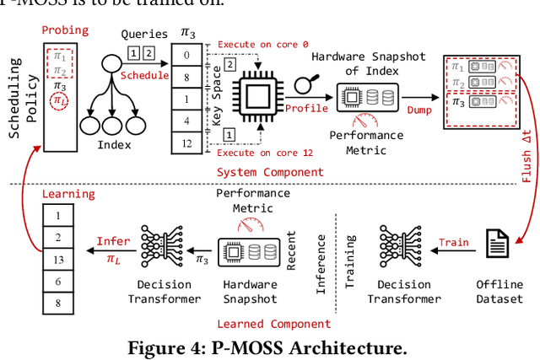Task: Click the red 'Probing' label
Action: tap(65, 30)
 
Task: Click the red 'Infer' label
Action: tap(112, 241)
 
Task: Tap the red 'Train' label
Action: tap(453, 243)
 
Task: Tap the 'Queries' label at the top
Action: tap(138, 35)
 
